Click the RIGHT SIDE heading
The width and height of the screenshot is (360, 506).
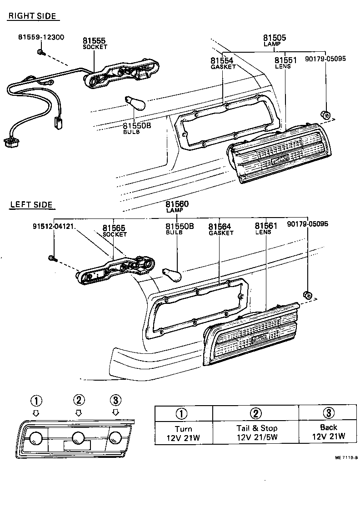pyautogui.click(x=32, y=16)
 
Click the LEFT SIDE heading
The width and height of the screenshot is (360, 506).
pyautogui.click(x=31, y=205)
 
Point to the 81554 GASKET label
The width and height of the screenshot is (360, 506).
pyautogui.click(x=223, y=63)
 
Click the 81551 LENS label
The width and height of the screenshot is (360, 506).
pyautogui.click(x=285, y=63)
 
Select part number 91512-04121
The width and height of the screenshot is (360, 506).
pyautogui.click(x=54, y=224)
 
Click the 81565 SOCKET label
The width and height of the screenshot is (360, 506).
pyautogui.click(x=114, y=231)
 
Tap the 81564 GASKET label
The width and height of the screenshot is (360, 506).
pyautogui.click(x=220, y=229)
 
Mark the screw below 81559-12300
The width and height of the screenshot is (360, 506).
pyautogui.click(x=41, y=53)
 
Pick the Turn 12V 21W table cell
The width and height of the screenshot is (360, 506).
pyautogui.click(x=183, y=432)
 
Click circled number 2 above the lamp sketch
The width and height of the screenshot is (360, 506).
pyautogui.click(x=79, y=400)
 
